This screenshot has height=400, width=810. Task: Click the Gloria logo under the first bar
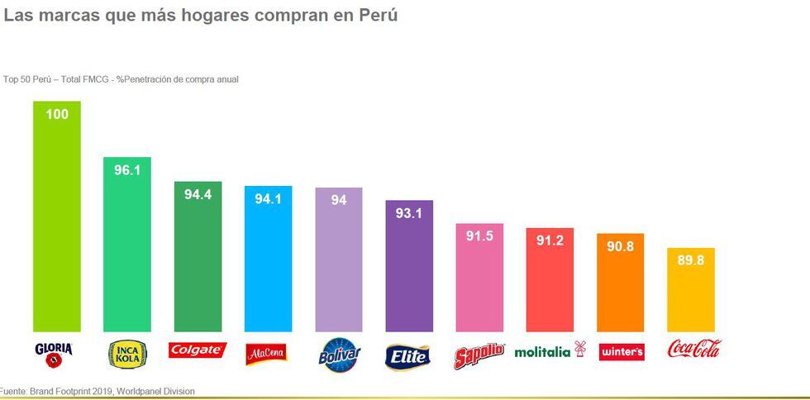(x=55, y=354)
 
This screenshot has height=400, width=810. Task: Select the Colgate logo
(x=197, y=350)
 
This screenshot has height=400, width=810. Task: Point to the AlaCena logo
(x=267, y=354)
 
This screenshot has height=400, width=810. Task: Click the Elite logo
(x=408, y=356)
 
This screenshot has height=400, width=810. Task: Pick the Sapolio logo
(x=479, y=355)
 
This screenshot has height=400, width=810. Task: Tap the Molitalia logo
(x=549, y=351)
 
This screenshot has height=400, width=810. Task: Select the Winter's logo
(x=621, y=352)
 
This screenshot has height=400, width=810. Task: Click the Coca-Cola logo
(x=693, y=349)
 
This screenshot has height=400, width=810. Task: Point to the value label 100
(x=57, y=115)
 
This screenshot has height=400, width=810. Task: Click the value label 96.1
(x=127, y=170)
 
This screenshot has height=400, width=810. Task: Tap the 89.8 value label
(x=690, y=260)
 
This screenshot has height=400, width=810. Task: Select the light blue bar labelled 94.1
(x=268, y=264)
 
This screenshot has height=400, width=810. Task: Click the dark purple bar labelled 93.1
(x=409, y=273)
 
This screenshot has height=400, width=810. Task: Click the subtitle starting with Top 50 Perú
(x=121, y=79)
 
